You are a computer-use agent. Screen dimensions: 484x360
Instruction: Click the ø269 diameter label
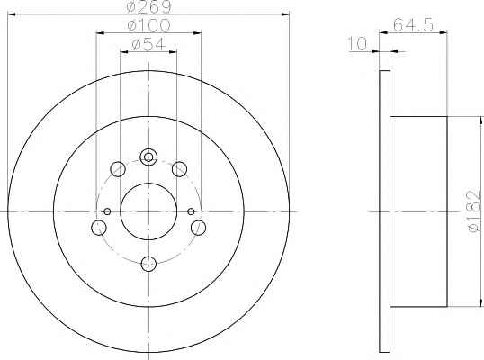pos(148,7)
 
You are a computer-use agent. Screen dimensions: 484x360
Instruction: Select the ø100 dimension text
pos(148,25)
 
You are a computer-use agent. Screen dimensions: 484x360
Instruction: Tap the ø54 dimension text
pos(148,44)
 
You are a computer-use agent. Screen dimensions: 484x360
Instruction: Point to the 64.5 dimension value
pos(413,25)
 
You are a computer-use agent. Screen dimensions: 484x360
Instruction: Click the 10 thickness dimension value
pos(357,43)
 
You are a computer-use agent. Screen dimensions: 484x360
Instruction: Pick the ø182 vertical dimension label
pos(474,211)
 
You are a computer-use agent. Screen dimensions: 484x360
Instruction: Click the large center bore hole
pos(148,211)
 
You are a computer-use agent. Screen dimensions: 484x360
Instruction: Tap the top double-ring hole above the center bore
pos(148,157)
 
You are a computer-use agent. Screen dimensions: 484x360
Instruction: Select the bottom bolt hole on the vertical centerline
pos(148,265)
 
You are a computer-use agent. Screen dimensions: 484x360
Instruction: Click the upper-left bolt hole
pos(118,169)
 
